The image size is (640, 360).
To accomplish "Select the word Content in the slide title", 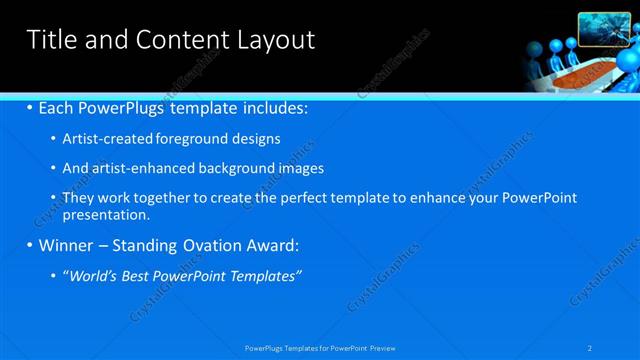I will (177, 40).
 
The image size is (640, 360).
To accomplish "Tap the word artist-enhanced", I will (136, 168).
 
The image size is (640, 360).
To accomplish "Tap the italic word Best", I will (136, 275).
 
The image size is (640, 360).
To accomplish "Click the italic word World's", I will (92, 275).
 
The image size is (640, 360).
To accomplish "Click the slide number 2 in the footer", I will (590, 347).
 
